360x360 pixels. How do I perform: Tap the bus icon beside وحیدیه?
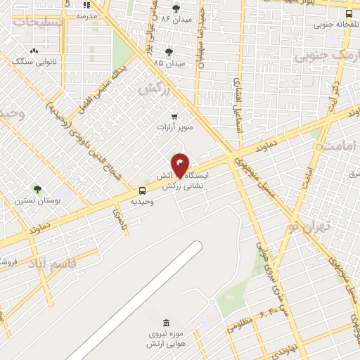[143, 191]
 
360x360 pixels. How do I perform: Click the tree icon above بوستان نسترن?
[37, 189]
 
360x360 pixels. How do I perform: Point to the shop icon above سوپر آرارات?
[174, 116]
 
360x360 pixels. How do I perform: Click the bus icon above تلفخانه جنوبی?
[349, 12]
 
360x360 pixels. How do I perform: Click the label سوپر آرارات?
[174, 129]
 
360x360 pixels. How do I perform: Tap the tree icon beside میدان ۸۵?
[169, 52]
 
